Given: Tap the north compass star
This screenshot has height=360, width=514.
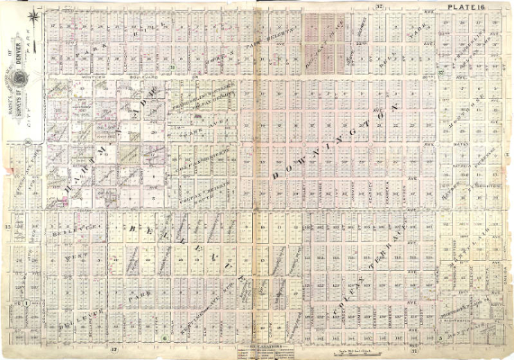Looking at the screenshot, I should tap(33, 15).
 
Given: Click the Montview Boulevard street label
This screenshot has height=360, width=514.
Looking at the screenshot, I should tap(97, 75).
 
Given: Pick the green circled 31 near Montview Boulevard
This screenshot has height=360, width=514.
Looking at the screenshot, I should tap(171, 68).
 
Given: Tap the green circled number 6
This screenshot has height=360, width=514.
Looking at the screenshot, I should tap(164, 338).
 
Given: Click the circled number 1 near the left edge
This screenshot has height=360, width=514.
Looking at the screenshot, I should tap(26, 303).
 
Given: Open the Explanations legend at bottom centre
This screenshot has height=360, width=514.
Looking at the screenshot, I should tap(258, 350).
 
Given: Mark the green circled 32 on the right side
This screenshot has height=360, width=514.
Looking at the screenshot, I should tap(441, 72).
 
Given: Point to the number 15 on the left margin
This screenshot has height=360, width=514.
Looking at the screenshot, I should tap(8, 226).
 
